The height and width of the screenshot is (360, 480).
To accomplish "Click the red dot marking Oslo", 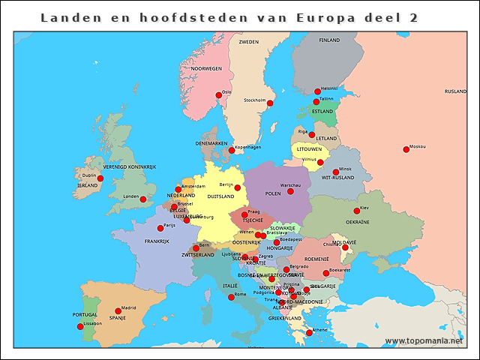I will coord(219,95).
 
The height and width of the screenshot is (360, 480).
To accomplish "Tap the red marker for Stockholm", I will coord(271,103).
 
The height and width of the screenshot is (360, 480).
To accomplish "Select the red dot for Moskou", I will coord(406,149).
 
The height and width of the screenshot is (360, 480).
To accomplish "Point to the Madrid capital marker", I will coord(118,310).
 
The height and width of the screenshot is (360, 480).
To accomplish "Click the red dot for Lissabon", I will coord(80,326).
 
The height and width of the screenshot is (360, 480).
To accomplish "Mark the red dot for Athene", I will coord(309,333).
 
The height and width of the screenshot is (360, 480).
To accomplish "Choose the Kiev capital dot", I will coord(357,211).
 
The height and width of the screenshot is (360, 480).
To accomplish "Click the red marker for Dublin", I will coord(100,178).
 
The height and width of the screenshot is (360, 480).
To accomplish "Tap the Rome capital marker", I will coord(231,297).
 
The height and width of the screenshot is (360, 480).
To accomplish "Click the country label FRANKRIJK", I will coord(157,241).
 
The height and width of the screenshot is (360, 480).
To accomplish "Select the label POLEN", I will coord(273,193).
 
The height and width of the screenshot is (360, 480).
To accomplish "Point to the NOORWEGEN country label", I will coord(206,68).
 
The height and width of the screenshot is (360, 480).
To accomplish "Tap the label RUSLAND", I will coord(455,91).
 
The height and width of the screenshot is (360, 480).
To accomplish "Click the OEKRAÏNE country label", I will coord(357,222).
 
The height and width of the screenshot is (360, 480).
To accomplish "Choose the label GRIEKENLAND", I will coord(285,318).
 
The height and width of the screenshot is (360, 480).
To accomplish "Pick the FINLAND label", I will coord(329,40).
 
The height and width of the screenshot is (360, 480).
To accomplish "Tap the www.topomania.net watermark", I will coord(424,340).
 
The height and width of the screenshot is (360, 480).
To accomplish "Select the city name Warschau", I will coord(289,184).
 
